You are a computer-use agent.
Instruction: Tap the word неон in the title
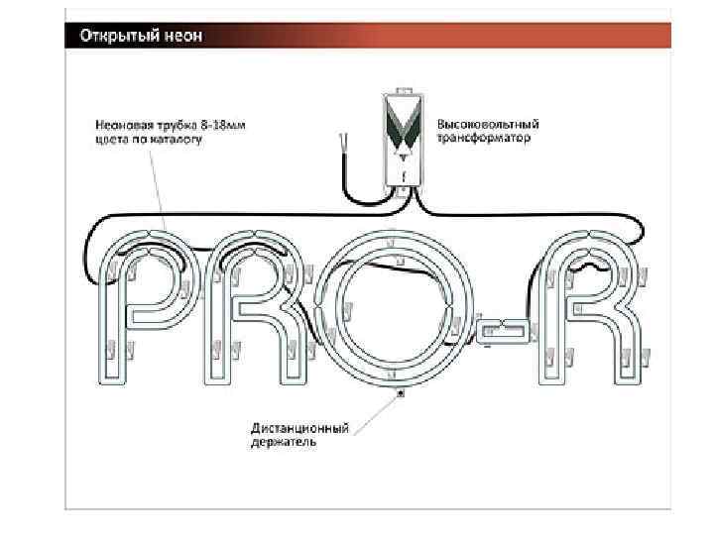pyautogui.click(x=184, y=37)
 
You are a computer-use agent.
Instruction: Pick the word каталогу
pyautogui.click(x=178, y=141)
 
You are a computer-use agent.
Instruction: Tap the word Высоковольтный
pyautogui.click(x=488, y=126)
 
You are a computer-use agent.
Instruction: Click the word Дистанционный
pyautogui.click(x=298, y=428)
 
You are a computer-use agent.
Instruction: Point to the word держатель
pyautogui.click(x=284, y=443)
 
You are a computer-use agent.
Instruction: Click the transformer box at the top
pyautogui.click(x=404, y=139)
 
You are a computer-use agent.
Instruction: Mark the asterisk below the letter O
pyautogui.click(x=400, y=393)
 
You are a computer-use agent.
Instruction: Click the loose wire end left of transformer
pyautogui.click(x=343, y=144)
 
